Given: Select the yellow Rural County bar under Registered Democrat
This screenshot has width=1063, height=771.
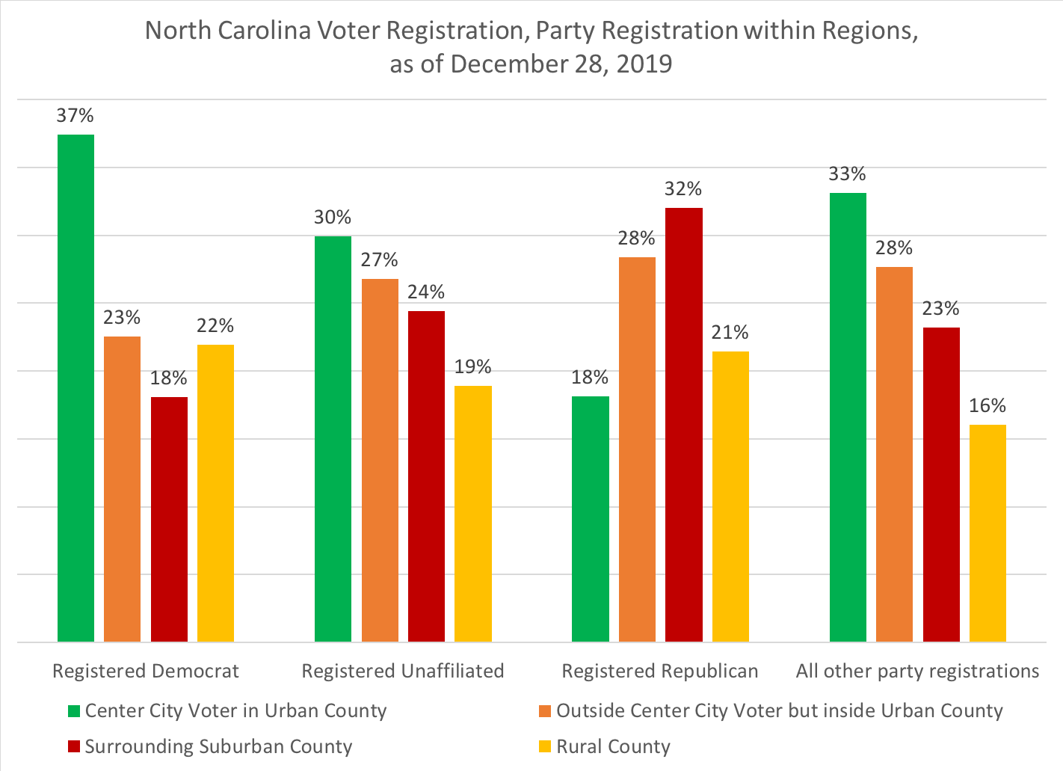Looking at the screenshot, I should click(x=215, y=493).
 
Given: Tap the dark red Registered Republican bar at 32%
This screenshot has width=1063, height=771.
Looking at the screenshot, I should click(x=684, y=424).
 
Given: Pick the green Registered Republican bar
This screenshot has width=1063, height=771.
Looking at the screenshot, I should click(x=591, y=518).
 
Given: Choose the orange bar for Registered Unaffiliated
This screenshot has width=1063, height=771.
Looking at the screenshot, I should click(x=380, y=460).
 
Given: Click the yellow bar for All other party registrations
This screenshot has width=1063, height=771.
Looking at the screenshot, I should click(x=987, y=532).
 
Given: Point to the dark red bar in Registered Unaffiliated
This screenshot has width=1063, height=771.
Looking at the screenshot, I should click(x=426, y=476).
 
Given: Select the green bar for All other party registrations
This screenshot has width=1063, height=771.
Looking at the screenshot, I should click(x=848, y=417).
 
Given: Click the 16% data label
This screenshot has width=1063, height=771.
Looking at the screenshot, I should click(x=987, y=406).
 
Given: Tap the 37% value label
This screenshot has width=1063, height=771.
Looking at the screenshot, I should click(x=76, y=116).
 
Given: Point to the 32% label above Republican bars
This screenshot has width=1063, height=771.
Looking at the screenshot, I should click(x=683, y=189).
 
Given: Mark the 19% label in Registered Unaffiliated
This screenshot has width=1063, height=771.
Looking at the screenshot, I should click(x=473, y=367).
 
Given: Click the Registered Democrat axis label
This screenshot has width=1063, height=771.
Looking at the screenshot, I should click(x=146, y=671).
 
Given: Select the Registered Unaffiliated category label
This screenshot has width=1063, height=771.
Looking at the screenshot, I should click(x=403, y=671).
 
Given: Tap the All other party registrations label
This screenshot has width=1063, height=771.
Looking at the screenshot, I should click(x=917, y=671).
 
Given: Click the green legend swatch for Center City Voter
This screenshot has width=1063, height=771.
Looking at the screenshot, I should click(x=73, y=710).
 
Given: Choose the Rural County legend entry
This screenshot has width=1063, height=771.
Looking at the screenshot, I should click(x=613, y=746).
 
